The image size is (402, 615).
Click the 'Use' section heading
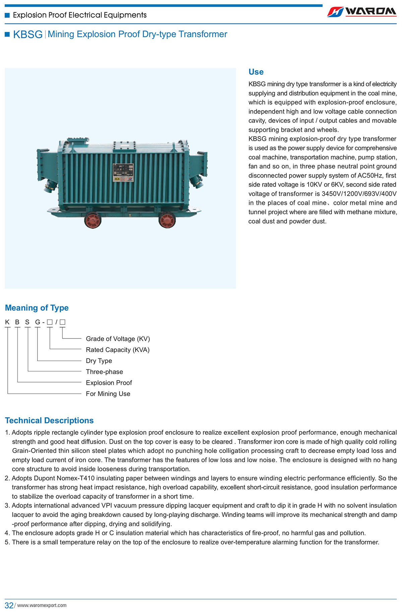[256, 72]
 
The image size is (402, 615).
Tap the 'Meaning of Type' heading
[37, 308]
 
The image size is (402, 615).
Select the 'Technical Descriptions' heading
[49, 420]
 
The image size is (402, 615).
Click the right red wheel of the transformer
[167, 220]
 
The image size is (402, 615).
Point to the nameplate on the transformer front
[123, 173]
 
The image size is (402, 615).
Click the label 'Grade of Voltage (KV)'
[118, 339]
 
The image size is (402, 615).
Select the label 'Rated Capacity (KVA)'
[118, 350]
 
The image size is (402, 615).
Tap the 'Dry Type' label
[99, 361]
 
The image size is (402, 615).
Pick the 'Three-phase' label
[104, 372]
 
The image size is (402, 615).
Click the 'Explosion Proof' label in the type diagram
[109, 383]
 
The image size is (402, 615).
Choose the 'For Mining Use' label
[108, 394]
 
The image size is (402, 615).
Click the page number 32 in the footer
[9, 605]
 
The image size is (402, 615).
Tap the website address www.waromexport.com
[42, 605]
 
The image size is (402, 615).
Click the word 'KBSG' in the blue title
[28, 35]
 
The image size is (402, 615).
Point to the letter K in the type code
[7, 322]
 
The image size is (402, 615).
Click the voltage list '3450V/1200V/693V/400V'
[359, 194]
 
